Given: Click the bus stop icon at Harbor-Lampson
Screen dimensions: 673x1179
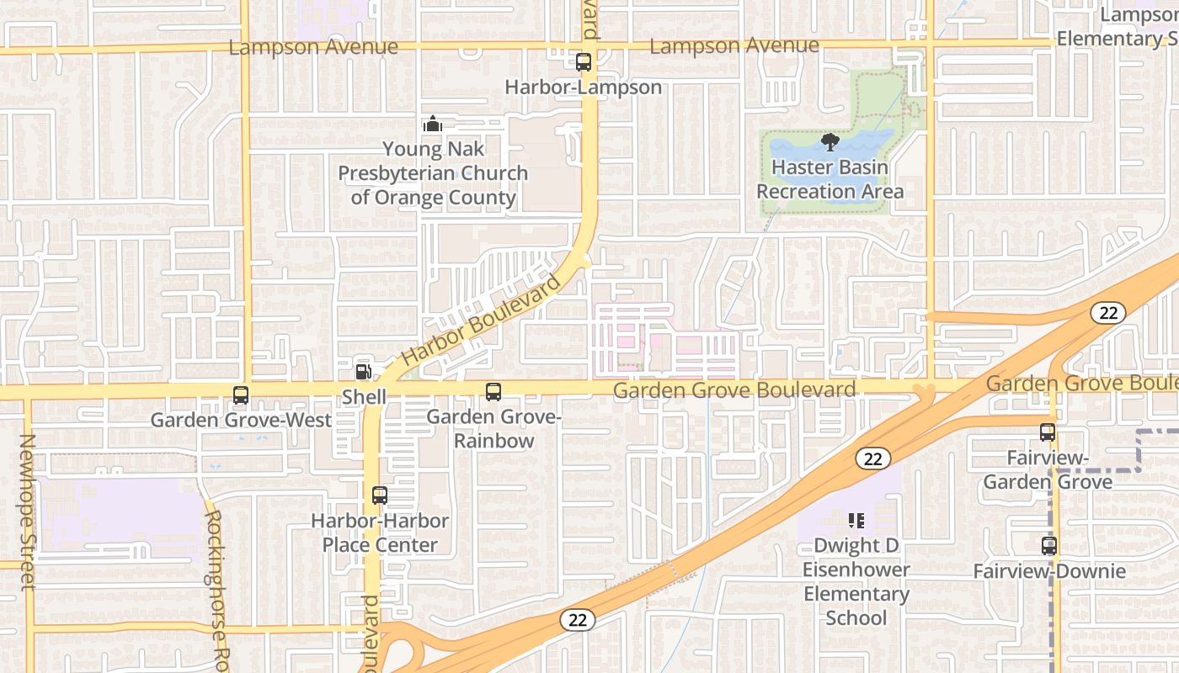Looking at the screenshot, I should pos(583,61).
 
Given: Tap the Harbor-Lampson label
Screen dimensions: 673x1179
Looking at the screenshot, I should pos(583,87).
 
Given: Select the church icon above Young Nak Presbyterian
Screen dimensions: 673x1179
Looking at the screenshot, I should pos(433,125).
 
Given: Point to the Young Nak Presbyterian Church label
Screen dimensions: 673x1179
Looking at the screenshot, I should pos(433,173).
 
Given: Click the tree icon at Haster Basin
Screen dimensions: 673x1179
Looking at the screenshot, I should pos(830,141).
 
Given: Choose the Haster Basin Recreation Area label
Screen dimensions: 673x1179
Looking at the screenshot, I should pos(830,179).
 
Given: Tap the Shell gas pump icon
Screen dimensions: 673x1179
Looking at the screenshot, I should pos(364,371).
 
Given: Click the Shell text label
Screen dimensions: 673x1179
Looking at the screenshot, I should pos(364,397).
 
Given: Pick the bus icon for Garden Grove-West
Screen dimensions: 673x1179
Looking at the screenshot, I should pos(241,395).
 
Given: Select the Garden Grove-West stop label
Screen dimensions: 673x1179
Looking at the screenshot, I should pos(241,420).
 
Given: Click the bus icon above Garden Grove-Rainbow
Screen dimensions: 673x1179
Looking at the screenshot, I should pos(493,391).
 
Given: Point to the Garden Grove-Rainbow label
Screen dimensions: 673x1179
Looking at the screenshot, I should pos(493,429).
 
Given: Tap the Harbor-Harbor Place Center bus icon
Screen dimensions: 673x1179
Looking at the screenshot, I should pos(380,495).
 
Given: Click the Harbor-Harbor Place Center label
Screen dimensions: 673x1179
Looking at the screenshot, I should pos(380,533).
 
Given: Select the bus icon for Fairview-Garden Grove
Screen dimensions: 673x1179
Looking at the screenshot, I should pos(1048,432).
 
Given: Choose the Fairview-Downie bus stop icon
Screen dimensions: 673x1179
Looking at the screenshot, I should pos(1048,546).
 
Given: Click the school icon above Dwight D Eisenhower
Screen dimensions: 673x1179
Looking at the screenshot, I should pos(856,521).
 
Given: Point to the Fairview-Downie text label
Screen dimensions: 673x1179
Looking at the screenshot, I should pos(1048,572).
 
